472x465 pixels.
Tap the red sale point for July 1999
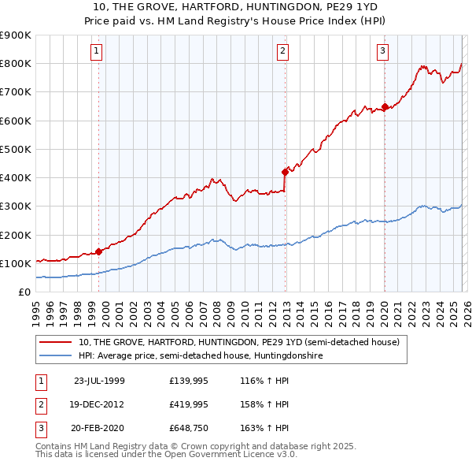click(x=99, y=252)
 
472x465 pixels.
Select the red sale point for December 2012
click(x=285, y=171)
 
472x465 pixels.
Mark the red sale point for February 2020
click(x=385, y=106)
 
